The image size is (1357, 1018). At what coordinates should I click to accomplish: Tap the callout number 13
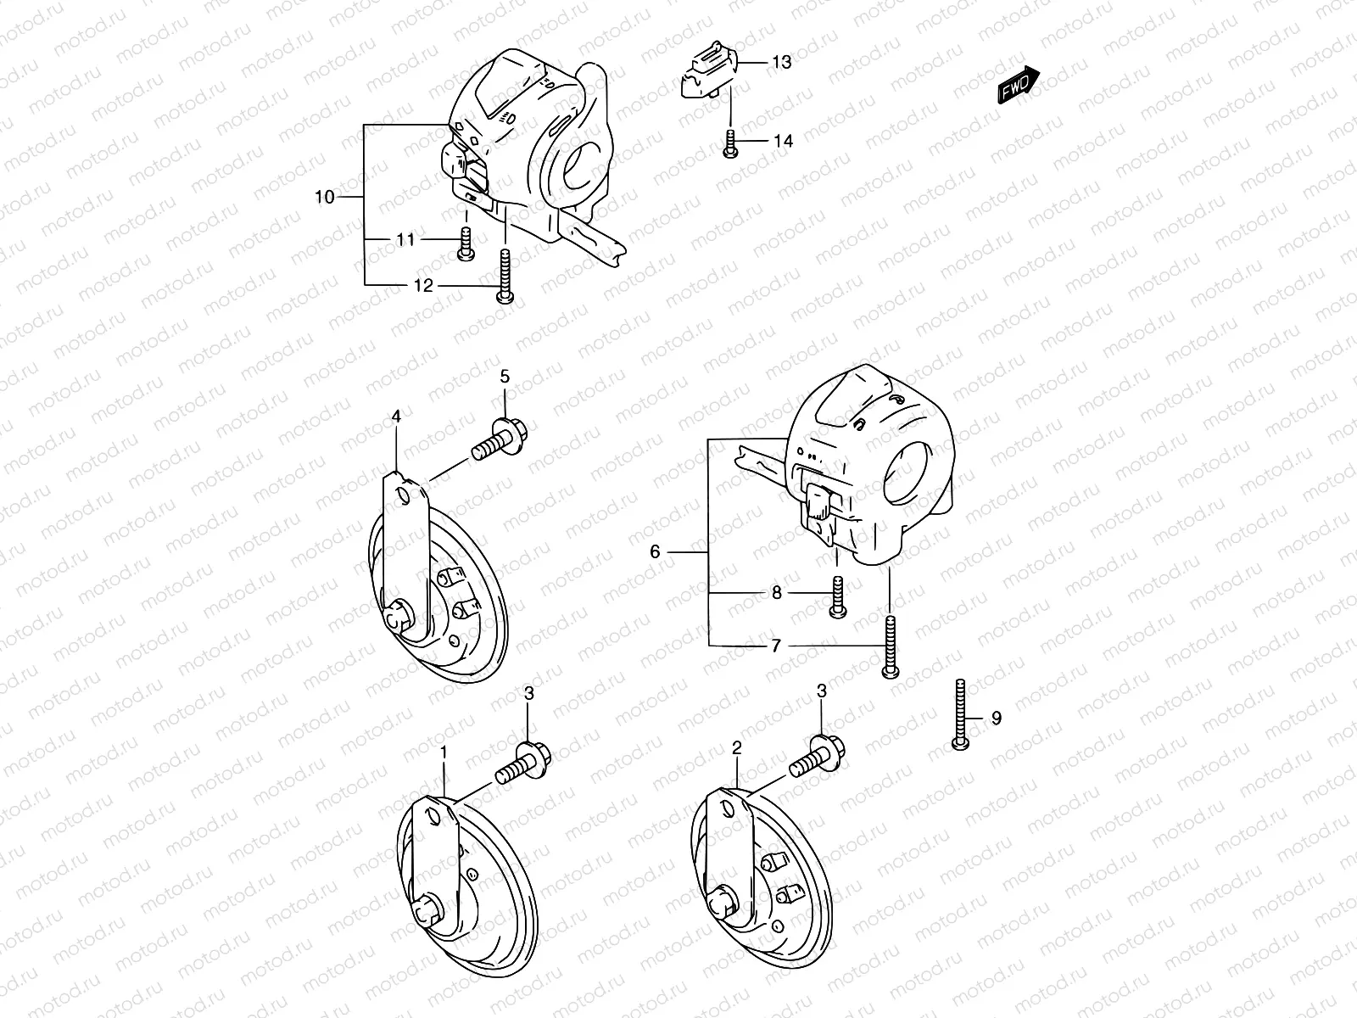(x=781, y=63)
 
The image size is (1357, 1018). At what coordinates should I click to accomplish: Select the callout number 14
(x=784, y=141)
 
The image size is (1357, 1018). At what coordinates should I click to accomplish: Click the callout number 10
(x=324, y=198)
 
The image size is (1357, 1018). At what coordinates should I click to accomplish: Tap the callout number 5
(x=505, y=376)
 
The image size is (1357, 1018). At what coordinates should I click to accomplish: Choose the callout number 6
(x=655, y=551)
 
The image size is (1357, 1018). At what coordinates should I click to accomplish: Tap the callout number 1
(x=443, y=752)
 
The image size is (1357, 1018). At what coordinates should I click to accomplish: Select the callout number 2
(x=736, y=747)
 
